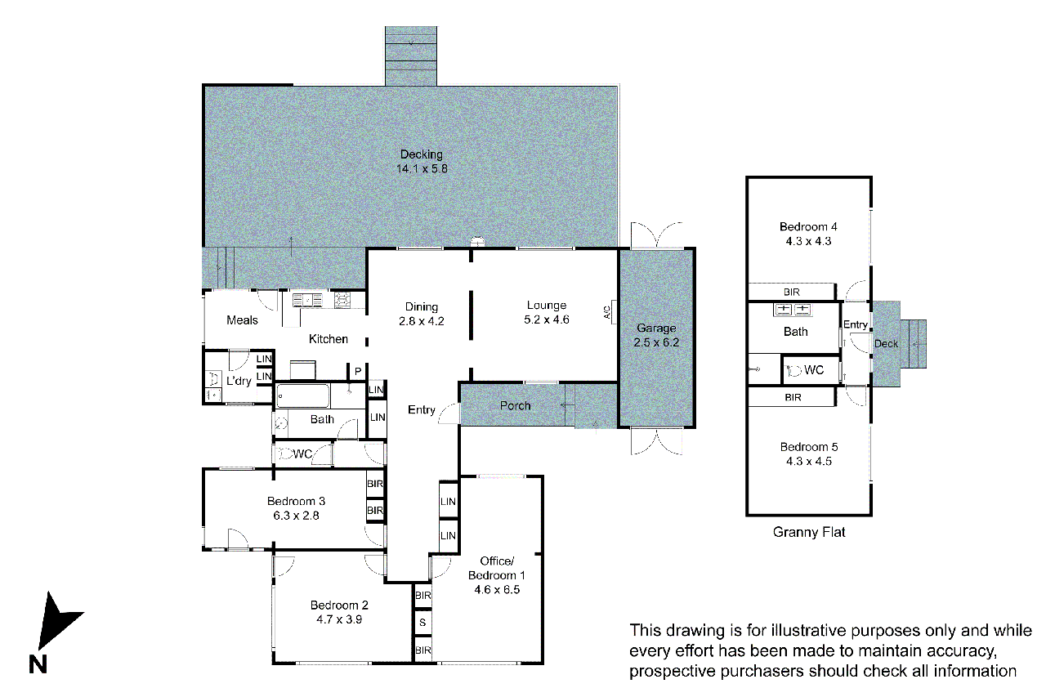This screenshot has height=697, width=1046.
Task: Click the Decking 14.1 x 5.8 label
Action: [422, 161]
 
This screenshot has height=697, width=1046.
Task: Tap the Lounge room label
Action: [547, 306]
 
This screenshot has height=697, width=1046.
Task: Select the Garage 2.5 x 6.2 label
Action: [656, 335]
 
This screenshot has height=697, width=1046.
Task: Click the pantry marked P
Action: [358, 372]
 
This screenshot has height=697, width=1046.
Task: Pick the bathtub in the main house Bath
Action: [302, 396]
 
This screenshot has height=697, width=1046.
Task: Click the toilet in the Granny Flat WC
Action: [793, 371]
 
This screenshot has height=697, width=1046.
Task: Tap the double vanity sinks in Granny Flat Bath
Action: [792, 309]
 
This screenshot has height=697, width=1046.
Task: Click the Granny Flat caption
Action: [809, 532]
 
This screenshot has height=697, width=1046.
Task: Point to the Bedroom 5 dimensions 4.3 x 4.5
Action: [809, 461]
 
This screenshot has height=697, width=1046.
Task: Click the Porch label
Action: [515, 405]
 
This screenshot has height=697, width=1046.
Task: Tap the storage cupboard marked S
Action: [422, 623]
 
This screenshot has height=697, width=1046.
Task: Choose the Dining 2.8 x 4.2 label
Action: [421, 314]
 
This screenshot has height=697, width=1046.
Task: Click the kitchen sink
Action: [307, 300]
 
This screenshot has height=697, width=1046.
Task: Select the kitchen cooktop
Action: [342, 300]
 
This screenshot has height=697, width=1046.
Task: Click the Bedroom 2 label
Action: [339, 605]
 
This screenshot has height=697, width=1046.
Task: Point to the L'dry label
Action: [239, 381]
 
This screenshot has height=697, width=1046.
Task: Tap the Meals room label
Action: [242, 320]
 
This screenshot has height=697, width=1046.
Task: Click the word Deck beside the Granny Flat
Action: [886, 344]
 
